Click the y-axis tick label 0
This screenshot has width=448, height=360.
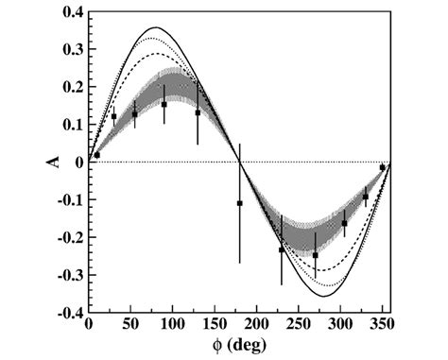point(78,163)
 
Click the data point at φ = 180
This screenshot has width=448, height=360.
point(239,203)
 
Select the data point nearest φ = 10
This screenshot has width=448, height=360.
point(96,155)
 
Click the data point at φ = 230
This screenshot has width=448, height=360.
point(282,249)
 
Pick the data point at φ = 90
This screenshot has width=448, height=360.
point(164,105)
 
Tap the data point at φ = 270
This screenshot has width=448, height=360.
point(315,255)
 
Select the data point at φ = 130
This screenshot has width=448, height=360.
point(198,112)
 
